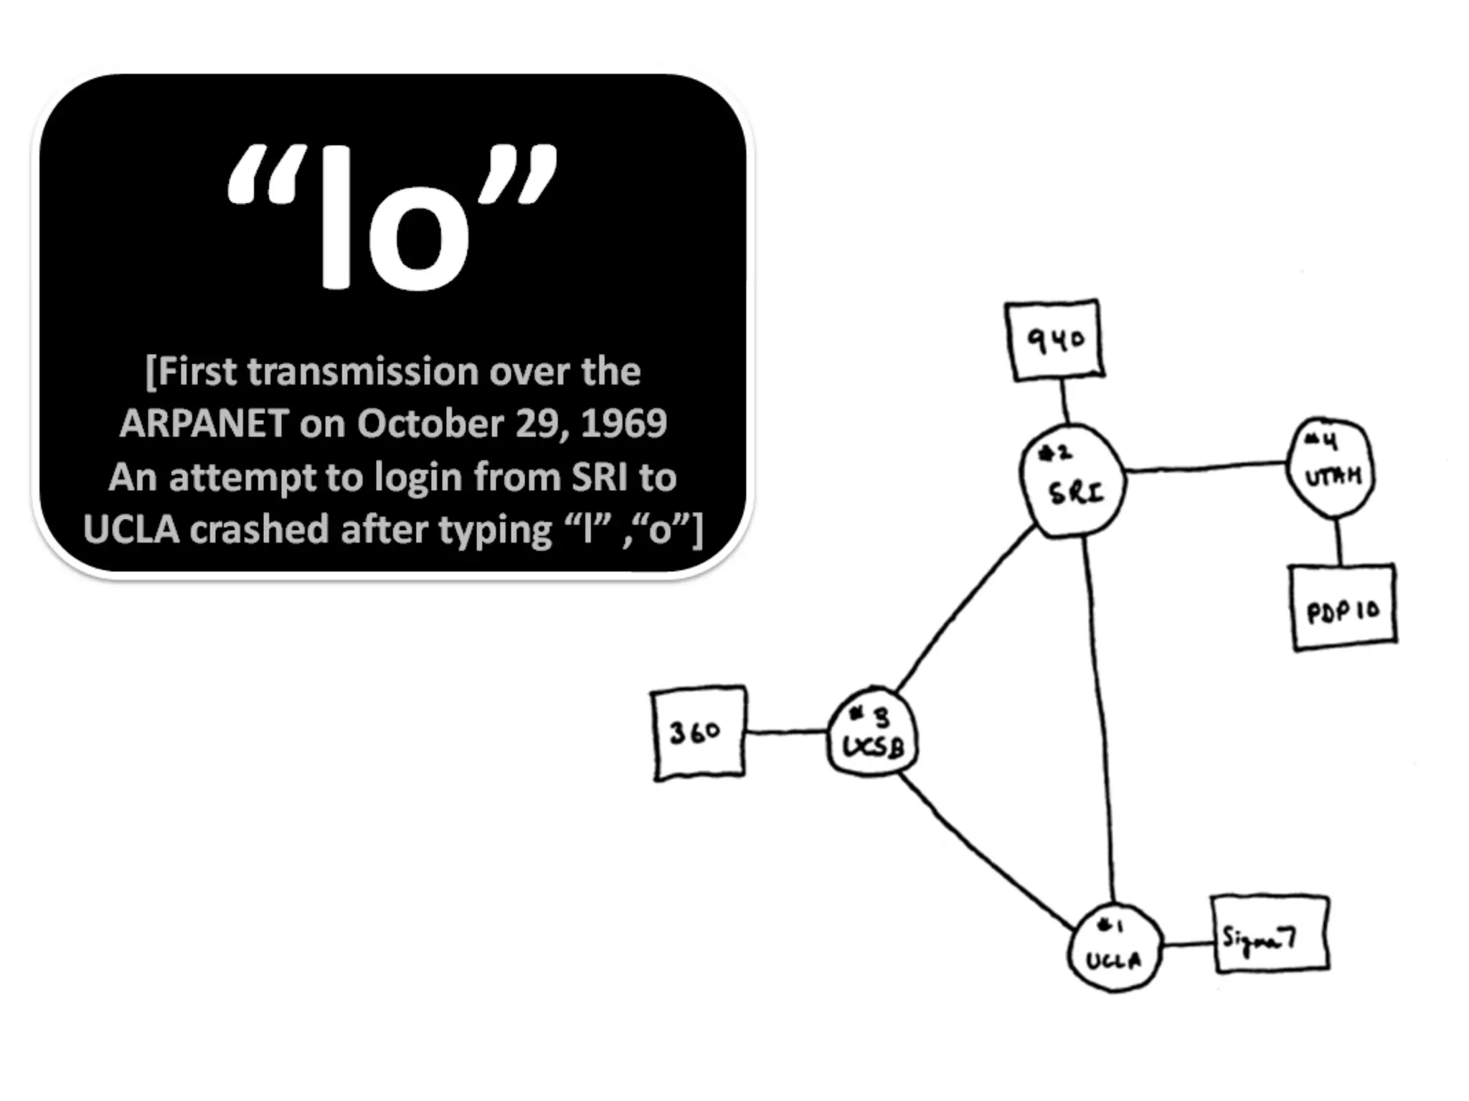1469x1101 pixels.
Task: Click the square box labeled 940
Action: tap(1054, 340)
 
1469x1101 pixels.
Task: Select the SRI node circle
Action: tap(1073, 480)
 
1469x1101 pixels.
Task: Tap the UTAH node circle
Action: tap(1331, 467)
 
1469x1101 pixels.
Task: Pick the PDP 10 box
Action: tap(1343, 608)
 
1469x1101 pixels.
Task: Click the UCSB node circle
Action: tap(872, 732)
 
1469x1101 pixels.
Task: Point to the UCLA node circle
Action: tap(1115, 948)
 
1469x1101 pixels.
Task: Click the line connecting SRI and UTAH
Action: tap(1205, 467)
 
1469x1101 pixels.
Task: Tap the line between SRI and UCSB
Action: tap(965, 609)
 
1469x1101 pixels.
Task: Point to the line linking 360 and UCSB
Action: tap(786, 732)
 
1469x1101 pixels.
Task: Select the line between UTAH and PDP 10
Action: tap(1338, 541)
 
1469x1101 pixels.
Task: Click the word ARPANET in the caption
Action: tap(204, 424)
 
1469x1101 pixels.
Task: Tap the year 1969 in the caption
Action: tap(623, 424)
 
